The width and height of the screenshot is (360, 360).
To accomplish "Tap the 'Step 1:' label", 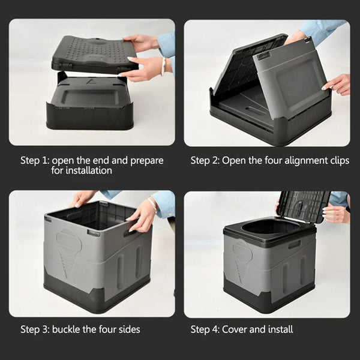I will (x=35, y=160).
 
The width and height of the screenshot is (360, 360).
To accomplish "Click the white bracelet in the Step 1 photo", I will (x=163, y=65).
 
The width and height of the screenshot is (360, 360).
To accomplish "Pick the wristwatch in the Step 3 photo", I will (x=154, y=205).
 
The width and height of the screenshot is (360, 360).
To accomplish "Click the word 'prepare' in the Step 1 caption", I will (x=146, y=160).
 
